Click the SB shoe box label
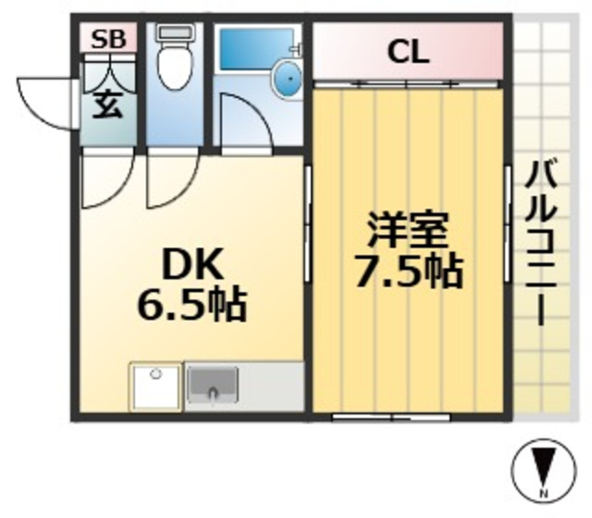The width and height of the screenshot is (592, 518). (109, 39)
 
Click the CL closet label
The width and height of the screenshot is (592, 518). (408, 52)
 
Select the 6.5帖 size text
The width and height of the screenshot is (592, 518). (192, 306)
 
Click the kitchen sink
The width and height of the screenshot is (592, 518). (213, 383)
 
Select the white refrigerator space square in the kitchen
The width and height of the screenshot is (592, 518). (156, 387)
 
